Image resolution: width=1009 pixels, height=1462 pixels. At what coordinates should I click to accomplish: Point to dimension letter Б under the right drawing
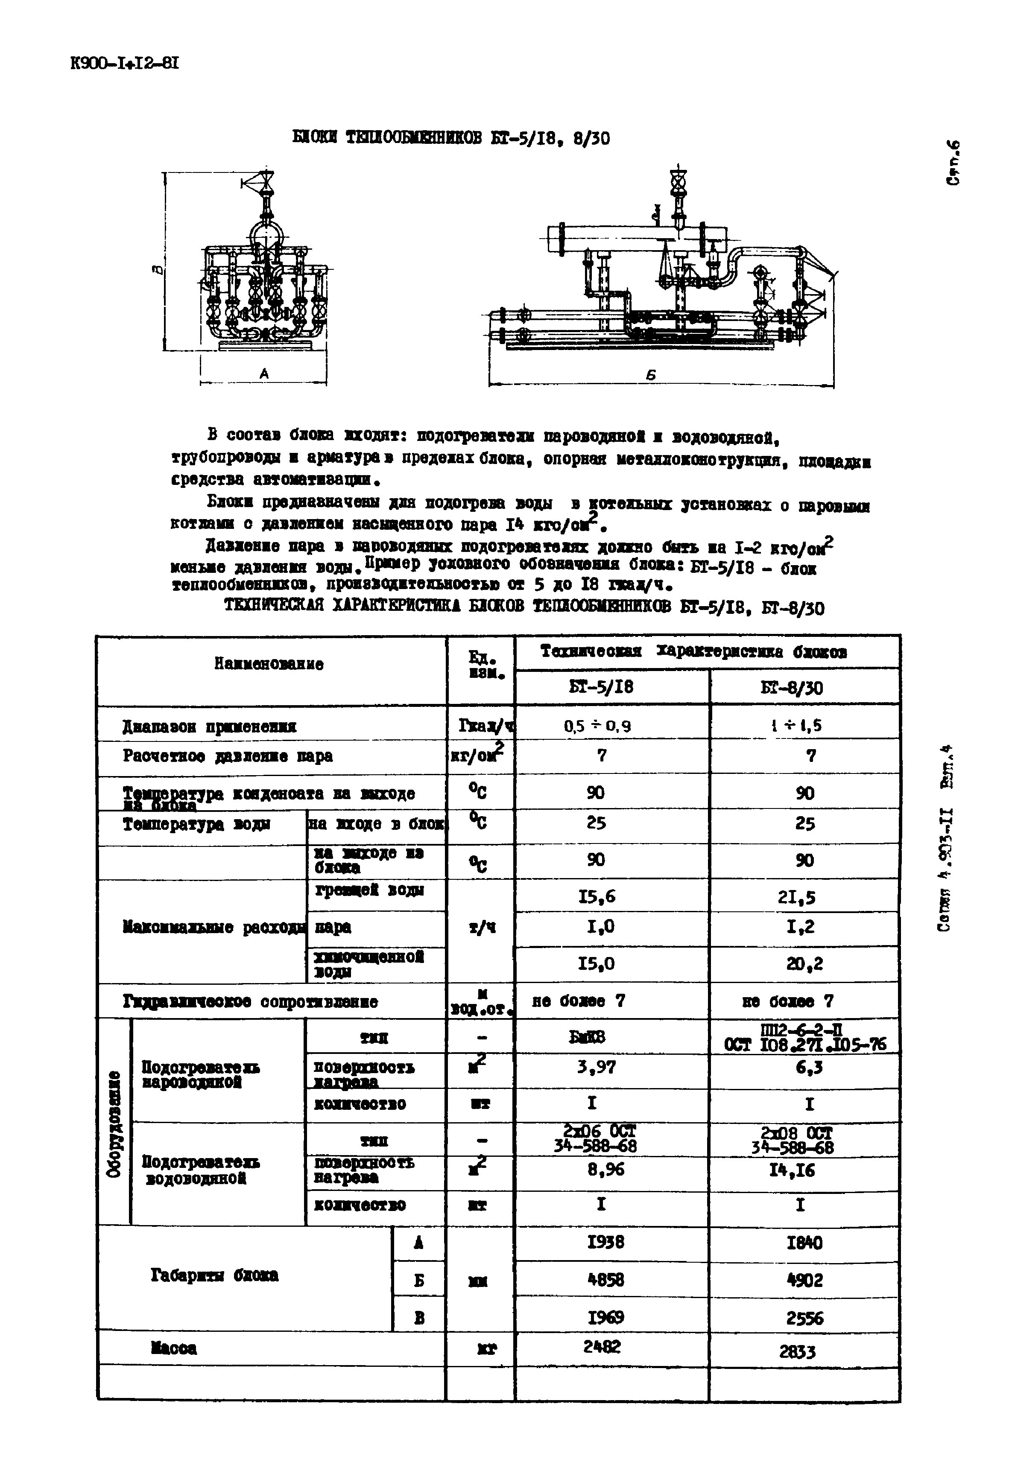651,375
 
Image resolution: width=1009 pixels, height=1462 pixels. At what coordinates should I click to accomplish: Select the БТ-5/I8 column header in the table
601,687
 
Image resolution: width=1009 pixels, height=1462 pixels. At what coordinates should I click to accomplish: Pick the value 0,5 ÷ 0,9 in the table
597,727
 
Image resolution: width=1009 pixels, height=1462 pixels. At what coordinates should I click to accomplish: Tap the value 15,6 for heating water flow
596,896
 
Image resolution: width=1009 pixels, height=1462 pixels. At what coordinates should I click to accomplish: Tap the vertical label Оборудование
114,1123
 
